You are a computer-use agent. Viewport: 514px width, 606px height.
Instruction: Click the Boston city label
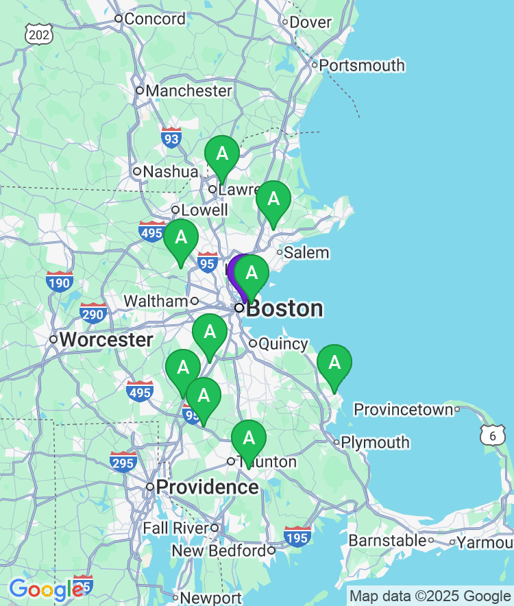284,308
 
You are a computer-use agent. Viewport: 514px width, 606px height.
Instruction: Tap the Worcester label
106,340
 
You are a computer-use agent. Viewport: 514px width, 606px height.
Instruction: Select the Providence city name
207,487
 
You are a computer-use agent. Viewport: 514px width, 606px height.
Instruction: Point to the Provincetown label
403,410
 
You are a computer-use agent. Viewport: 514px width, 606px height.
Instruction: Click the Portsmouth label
363,66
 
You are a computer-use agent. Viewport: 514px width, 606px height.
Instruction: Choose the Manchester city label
188,90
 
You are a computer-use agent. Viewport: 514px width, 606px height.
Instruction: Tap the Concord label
154,19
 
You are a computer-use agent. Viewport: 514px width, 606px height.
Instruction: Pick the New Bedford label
219,550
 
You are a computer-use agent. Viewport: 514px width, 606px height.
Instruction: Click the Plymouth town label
375,443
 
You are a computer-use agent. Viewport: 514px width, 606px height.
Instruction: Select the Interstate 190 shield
60,280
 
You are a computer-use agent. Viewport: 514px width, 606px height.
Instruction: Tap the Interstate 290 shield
93,313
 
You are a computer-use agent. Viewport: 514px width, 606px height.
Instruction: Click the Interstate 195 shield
297,537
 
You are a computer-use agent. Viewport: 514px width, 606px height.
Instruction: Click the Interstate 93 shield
171,138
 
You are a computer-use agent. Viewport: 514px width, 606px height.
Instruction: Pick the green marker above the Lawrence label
222,154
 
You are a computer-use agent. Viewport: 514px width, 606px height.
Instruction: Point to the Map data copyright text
430,596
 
